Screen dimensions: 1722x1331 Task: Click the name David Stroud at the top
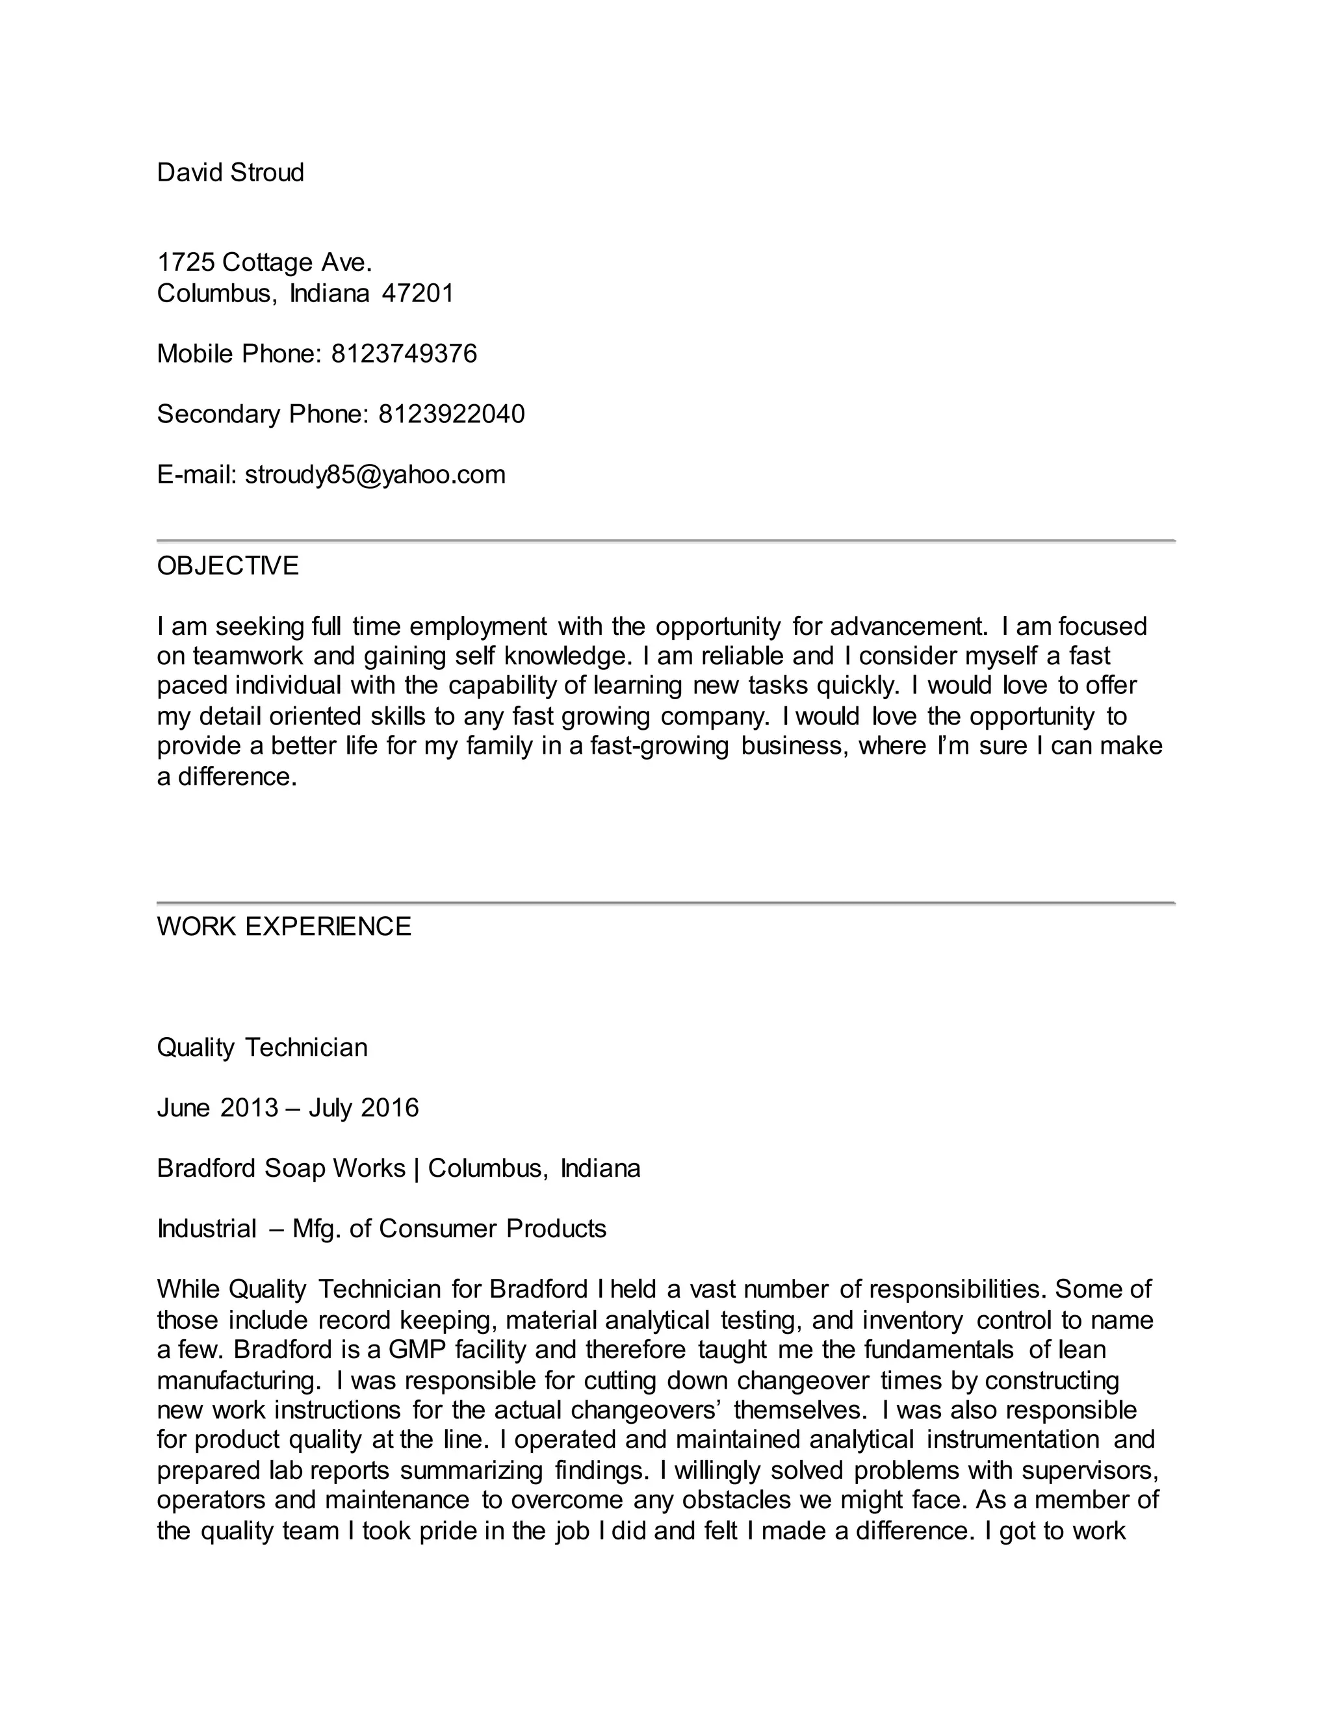click(x=230, y=173)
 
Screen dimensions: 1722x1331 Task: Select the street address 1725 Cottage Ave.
click(x=264, y=262)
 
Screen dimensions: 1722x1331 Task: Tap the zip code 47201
click(x=417, y=293)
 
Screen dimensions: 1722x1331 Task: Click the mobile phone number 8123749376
click(x=404, y=353)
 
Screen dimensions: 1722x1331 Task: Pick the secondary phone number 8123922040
click(x=451, y=414)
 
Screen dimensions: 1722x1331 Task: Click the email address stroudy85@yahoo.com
click(x=376, y=474)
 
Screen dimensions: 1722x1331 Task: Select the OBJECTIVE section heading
click(x=228, y=566)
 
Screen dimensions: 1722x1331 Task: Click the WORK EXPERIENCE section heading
click(x=284, y=927)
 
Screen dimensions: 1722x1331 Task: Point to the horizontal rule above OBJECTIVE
click(x=665, y=541)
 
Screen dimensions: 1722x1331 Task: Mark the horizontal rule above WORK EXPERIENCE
click(x=665, y=902)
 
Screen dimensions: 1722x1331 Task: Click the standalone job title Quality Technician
click(x=262, y=1048)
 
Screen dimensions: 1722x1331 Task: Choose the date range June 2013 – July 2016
click(x=288, y=1108)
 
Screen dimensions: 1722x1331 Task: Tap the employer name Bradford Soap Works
click(x=281, y=1168)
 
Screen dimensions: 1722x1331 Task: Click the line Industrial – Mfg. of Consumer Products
click(x=381, y=1228)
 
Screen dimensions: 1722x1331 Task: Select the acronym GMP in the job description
click(x=417, y=1349)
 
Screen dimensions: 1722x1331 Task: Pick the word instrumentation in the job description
click(x=1012, y=1440)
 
